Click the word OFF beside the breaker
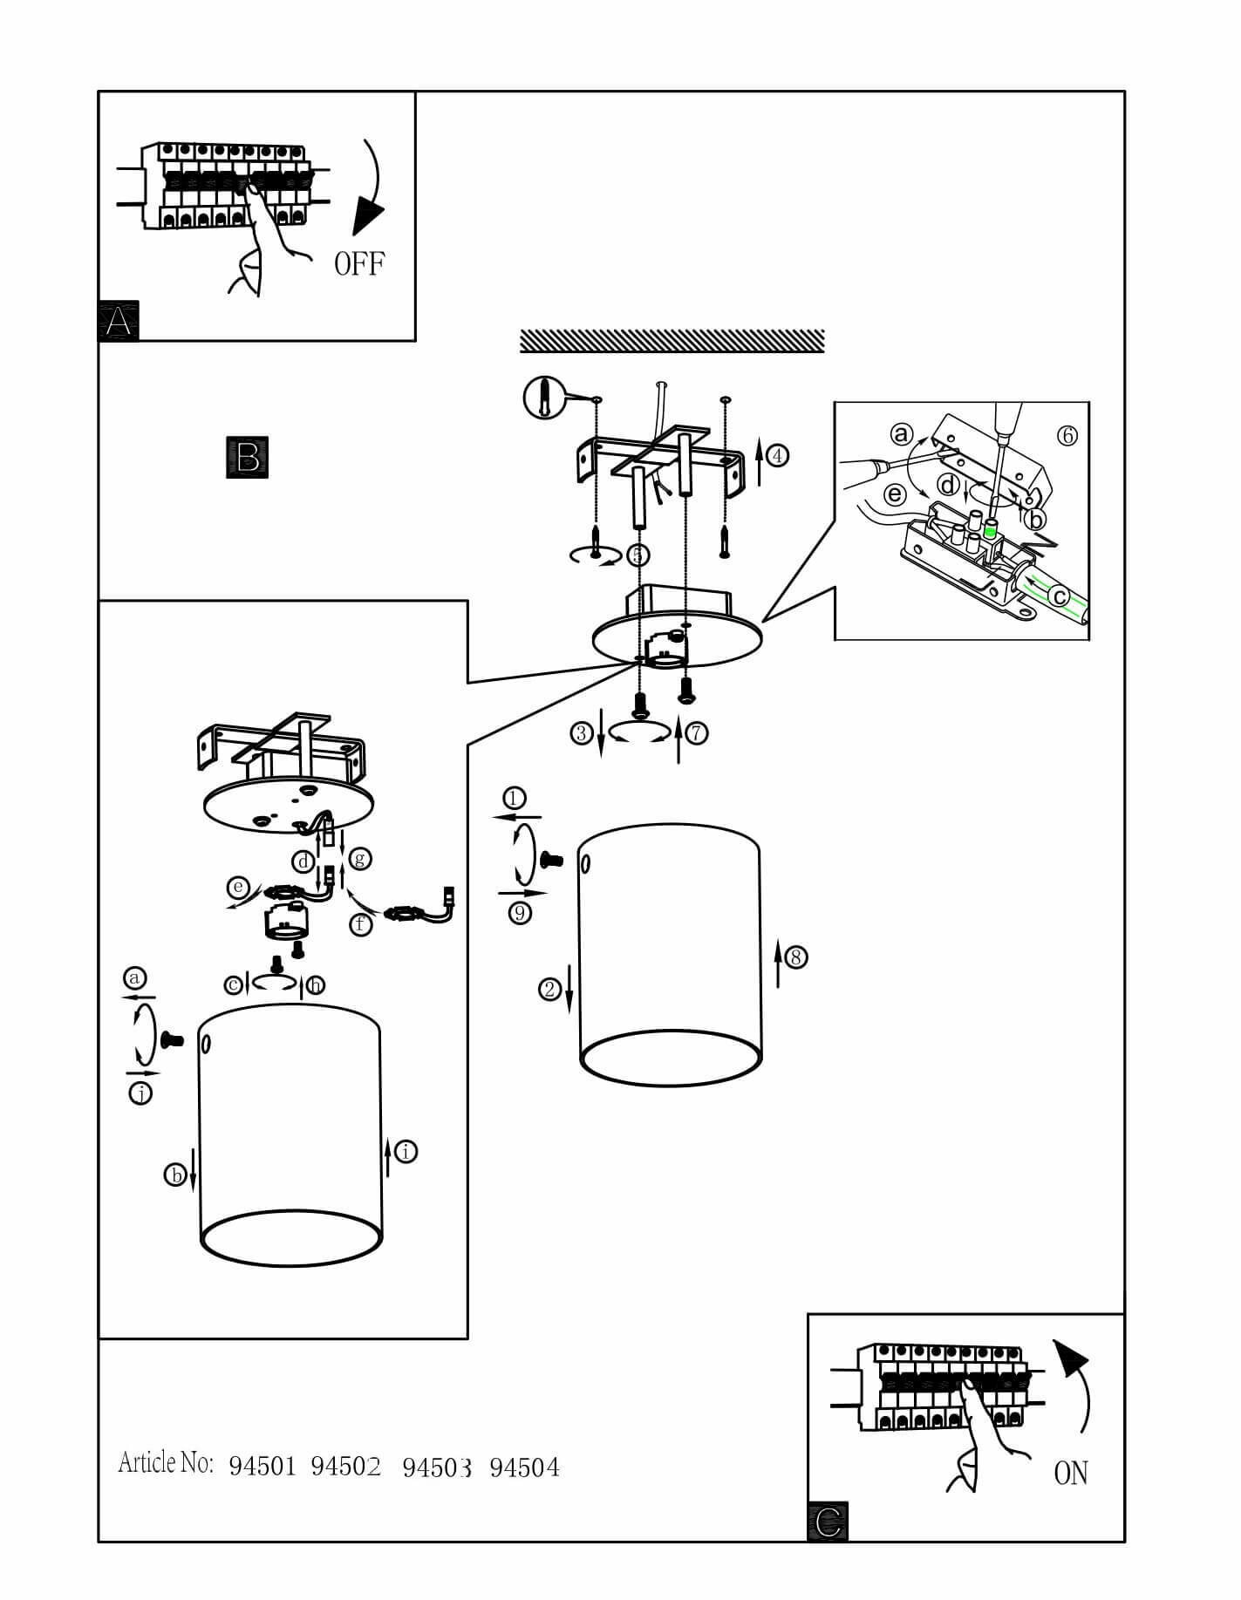(359, 262)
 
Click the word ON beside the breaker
(1071, 1473)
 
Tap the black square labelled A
(119, 321)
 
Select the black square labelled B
(247, 457)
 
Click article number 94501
(263, 1467)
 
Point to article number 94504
(524, 1468)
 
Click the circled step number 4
(778, 455)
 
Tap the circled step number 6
(1067, 435)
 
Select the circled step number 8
(795, 957)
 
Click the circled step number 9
(521, 914)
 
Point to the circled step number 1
(515, 798)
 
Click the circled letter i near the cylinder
(406, 1152)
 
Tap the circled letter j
(140, 1093)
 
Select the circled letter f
(361, 923)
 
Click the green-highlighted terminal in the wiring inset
(990, 528)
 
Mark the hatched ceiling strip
(672, 341)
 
